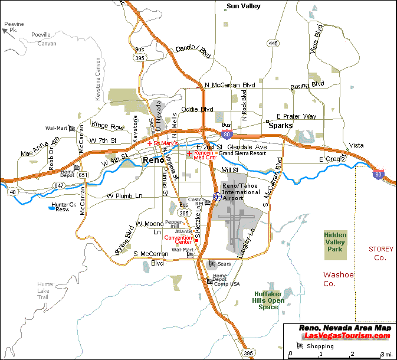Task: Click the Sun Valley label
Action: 244,7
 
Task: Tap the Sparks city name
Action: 280,126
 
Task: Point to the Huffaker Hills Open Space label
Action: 268,300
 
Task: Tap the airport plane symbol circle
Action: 216,197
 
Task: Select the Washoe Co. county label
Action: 337,279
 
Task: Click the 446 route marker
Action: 273,43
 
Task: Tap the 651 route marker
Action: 83,175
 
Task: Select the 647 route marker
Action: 59,185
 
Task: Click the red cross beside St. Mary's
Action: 150,143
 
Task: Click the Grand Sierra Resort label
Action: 242,153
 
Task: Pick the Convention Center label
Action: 178,240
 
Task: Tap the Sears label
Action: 224,264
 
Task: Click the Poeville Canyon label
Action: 44,40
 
